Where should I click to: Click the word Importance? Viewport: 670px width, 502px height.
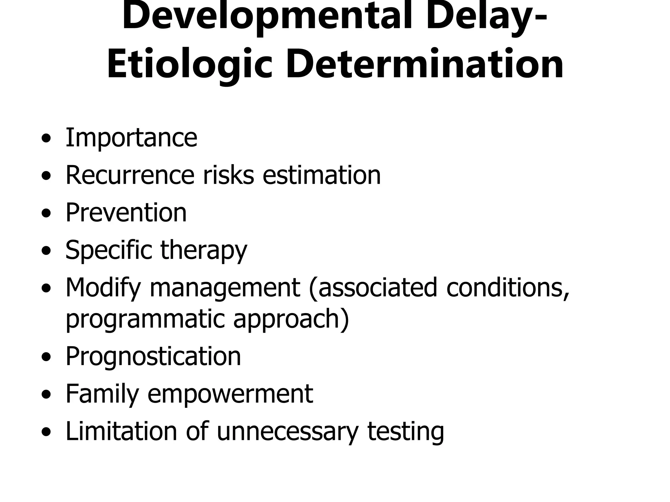click(x=131, y=138)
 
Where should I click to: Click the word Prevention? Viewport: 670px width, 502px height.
click(x=126, y=212)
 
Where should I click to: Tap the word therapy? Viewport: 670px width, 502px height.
click(x=203, y=250)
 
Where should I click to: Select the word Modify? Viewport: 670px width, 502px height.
click(x=103, y=288)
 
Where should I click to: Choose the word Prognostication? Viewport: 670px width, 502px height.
click(x=153, y=356)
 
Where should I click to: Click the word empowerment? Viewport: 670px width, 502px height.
click(x=230, y=393)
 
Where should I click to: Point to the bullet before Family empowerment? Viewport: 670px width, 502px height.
click(x=46, y=395)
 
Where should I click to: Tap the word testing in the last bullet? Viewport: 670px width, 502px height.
click(x=406, y=431)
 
